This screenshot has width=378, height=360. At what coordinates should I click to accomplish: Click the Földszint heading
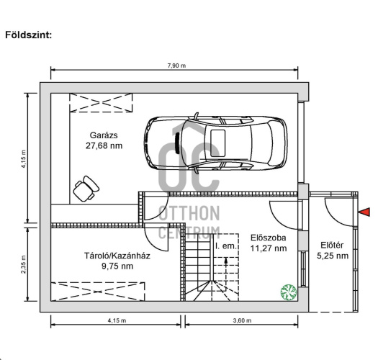[x=29, y=35]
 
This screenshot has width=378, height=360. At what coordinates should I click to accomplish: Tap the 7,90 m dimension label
[x=176, y=66]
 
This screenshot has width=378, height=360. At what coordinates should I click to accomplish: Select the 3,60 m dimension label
[x=242, y=320]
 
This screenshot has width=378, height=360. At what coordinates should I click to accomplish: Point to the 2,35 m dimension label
[x=24, y=264]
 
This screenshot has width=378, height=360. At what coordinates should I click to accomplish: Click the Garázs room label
[x=104, y=135]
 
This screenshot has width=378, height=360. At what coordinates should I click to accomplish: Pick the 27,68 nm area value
[x=104, y=145]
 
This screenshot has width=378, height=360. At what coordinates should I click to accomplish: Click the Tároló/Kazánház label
[x=117, y=256]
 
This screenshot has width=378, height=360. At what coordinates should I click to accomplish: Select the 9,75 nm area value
[x=117, y=266]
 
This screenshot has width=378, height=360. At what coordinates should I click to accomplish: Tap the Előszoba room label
[x=269, y=238]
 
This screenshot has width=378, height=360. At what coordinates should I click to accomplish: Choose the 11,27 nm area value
[x=269, y=248]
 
